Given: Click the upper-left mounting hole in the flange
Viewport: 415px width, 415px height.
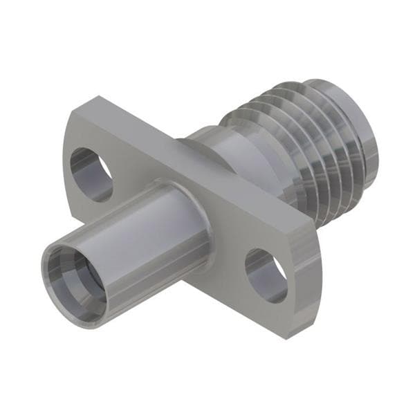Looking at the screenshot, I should click(x=95, y=174).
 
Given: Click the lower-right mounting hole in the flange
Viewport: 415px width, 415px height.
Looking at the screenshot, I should click(x=269, y=275).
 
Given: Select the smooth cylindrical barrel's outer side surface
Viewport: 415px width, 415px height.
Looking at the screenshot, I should click(x=138, y=235).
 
